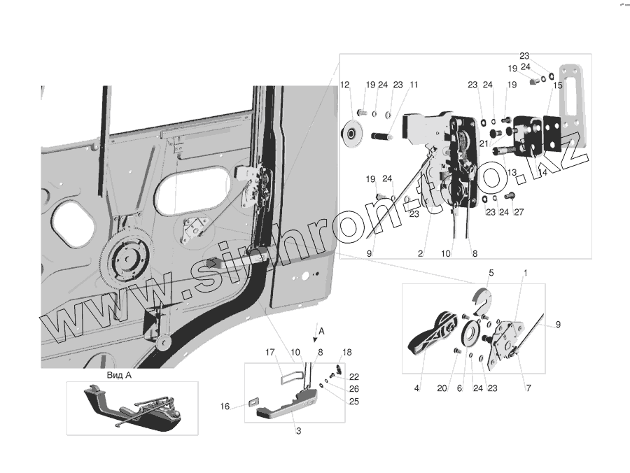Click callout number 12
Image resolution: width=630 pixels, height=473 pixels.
(344, 85)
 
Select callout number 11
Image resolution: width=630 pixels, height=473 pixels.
(414, 85)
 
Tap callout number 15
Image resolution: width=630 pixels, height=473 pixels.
(558, 85)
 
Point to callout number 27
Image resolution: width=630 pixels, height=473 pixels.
(519, 213)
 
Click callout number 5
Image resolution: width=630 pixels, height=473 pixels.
(491, 271)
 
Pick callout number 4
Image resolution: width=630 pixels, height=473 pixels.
(416, 386)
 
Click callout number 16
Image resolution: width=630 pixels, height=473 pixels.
(225, 406)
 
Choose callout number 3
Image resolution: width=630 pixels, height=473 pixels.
(298, 431)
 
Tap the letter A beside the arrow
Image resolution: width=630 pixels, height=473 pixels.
(321, 329)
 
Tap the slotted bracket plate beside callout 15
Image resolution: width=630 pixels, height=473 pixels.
(571, 104)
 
